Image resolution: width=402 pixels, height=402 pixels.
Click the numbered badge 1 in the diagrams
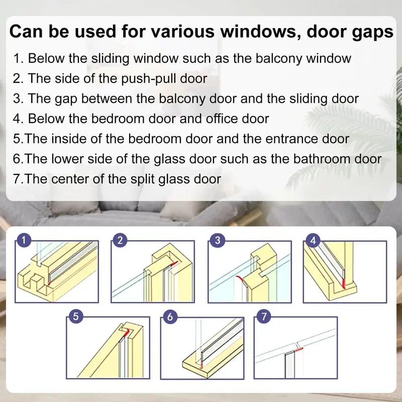pyautogui.click(x=23, y=241)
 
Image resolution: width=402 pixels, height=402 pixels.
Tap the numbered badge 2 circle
pyautogui.click(x=119, y=241)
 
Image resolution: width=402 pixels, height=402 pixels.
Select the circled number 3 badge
pyautogui.click(x=217, y=241)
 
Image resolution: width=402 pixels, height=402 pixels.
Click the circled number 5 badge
pyautogui.click(x=75, y=317)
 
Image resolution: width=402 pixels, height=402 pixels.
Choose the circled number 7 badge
pyautogui.click(x=263, y=317)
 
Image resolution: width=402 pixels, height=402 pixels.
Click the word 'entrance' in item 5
pyautogui.click(x=279, y=138)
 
